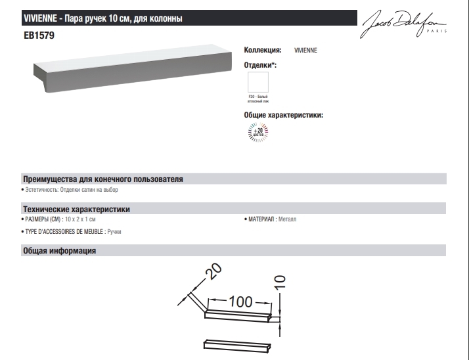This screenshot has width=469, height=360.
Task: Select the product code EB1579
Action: click(38, 37)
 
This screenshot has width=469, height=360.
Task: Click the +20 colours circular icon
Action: click(257, 133)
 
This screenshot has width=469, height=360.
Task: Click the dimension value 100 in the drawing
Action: click(240, 302)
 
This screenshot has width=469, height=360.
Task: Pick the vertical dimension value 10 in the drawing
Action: click(280, 282)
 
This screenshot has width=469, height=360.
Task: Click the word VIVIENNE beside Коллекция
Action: click(305, 50)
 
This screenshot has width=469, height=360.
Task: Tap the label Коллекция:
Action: click(263, 50)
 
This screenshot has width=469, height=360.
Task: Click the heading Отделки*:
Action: click(260, 65)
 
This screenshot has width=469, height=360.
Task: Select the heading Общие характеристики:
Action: click(283, 115)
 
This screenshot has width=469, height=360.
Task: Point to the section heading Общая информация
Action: click(60, 250)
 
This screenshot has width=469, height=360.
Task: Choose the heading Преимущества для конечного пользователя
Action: click(102, 179)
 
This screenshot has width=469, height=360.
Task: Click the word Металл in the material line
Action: click(287, 219)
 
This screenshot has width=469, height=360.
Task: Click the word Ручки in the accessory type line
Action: click(114, 232)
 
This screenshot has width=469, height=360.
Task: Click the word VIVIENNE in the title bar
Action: click(41, 19)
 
